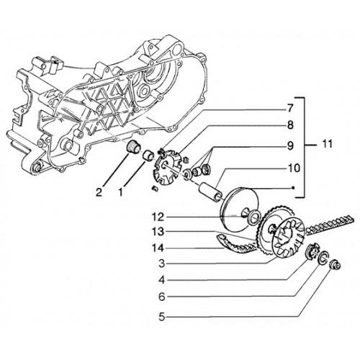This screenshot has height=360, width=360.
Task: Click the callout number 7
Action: pos(290,109)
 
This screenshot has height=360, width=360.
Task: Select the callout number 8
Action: pos(290,125)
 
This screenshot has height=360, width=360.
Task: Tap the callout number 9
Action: pos(290,145)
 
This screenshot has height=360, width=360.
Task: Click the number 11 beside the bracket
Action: pos(326,144)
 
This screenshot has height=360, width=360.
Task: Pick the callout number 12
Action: pos(158,217)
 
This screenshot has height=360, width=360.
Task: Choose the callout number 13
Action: pos(158,232)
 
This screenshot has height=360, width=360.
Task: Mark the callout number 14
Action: pos(158,248)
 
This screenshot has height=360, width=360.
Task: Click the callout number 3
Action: pos(162,264)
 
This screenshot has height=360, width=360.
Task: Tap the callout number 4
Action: pos(162,280)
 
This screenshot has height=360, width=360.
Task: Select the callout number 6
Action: pos(162,297)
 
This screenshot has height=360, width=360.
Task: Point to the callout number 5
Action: pos(162,317)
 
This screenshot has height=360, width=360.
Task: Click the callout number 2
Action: pos(99,192)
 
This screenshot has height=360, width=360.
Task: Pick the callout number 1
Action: pos(121,192)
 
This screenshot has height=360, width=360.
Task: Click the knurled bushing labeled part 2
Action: pos(133,147)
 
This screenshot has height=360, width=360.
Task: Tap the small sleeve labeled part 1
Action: pos(148,155)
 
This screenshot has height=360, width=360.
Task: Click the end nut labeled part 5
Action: pos(336,264)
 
